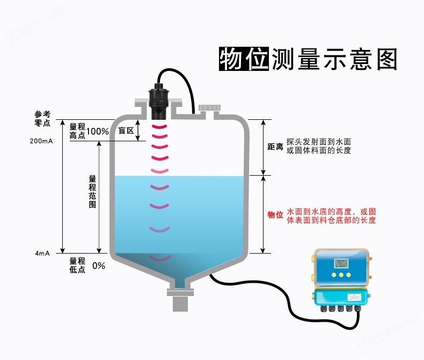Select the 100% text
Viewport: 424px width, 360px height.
pos(98,132)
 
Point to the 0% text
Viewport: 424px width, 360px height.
pos(99,265)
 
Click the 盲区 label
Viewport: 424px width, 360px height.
pos(126,131)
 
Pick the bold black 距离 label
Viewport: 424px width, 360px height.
pos(275,147)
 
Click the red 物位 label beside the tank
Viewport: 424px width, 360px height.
pos(275,215)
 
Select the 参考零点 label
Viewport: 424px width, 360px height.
pos(42,118)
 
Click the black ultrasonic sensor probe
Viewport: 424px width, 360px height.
pos(159,102)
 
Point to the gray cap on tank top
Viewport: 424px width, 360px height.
pos(208,108)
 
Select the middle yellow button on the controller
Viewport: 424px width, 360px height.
pos(340,275)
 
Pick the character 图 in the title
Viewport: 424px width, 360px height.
pos(384,59)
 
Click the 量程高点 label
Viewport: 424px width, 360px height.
pos(77,131)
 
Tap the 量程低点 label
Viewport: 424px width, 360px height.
pos(77,265)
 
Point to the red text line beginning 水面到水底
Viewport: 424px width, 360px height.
pos(331,211)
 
